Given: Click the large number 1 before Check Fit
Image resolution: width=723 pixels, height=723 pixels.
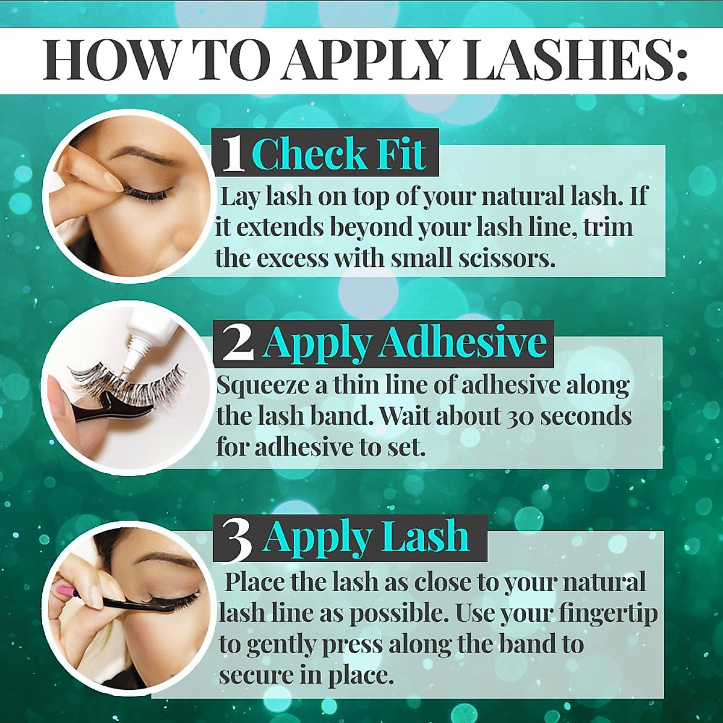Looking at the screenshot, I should (233, 154).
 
